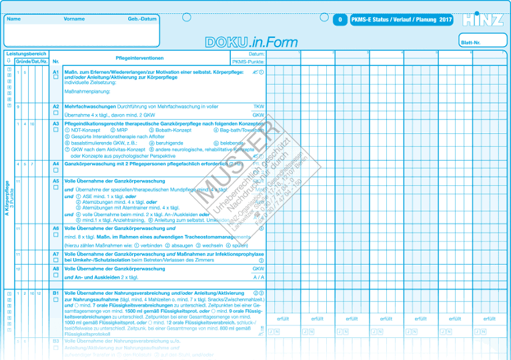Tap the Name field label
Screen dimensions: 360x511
tap(13, 19)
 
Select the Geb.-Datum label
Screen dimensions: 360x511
tap(142, 19)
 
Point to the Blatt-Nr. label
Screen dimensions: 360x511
tap(471, 42)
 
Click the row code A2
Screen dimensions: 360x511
tap(56, 106)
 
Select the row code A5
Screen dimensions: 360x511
tap(56, 181)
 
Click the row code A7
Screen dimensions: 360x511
tap(56, 254)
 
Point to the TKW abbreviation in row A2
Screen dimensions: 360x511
tap(259, 107)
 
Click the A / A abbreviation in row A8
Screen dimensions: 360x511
tap(259, 277)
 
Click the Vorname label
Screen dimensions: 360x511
tap(74, 19)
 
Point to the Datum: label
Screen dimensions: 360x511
tap(256, 53)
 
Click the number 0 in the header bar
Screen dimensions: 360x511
tap(340, 20)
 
